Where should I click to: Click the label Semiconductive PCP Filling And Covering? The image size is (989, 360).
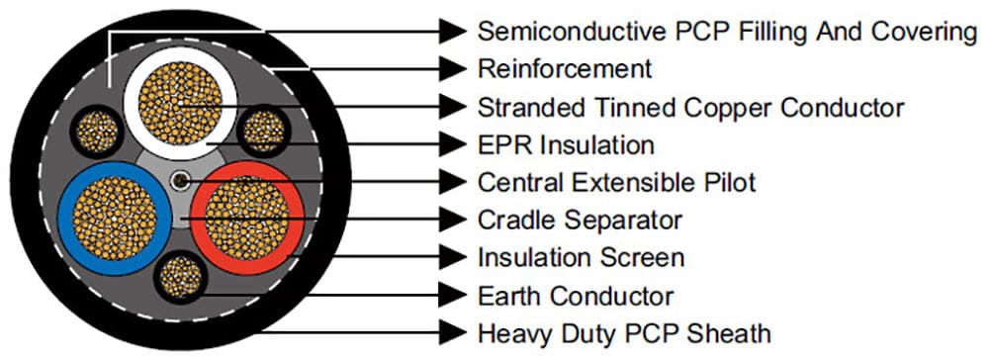(727, 32)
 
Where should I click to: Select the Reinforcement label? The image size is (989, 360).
(565, 69)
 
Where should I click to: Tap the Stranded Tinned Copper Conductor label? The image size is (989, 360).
(690, 107)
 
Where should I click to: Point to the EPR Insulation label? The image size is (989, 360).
(566, 145)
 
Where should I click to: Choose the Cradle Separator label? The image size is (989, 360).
(580, 220)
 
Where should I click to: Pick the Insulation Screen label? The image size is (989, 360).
(581, 258)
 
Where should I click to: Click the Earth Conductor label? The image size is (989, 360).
(576, 296)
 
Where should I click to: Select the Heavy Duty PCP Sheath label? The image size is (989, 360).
(624, 332)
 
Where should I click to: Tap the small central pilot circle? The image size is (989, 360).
(179, 182)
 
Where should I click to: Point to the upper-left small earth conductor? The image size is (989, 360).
(96, 130)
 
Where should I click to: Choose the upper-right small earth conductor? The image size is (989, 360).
(262, 130)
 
